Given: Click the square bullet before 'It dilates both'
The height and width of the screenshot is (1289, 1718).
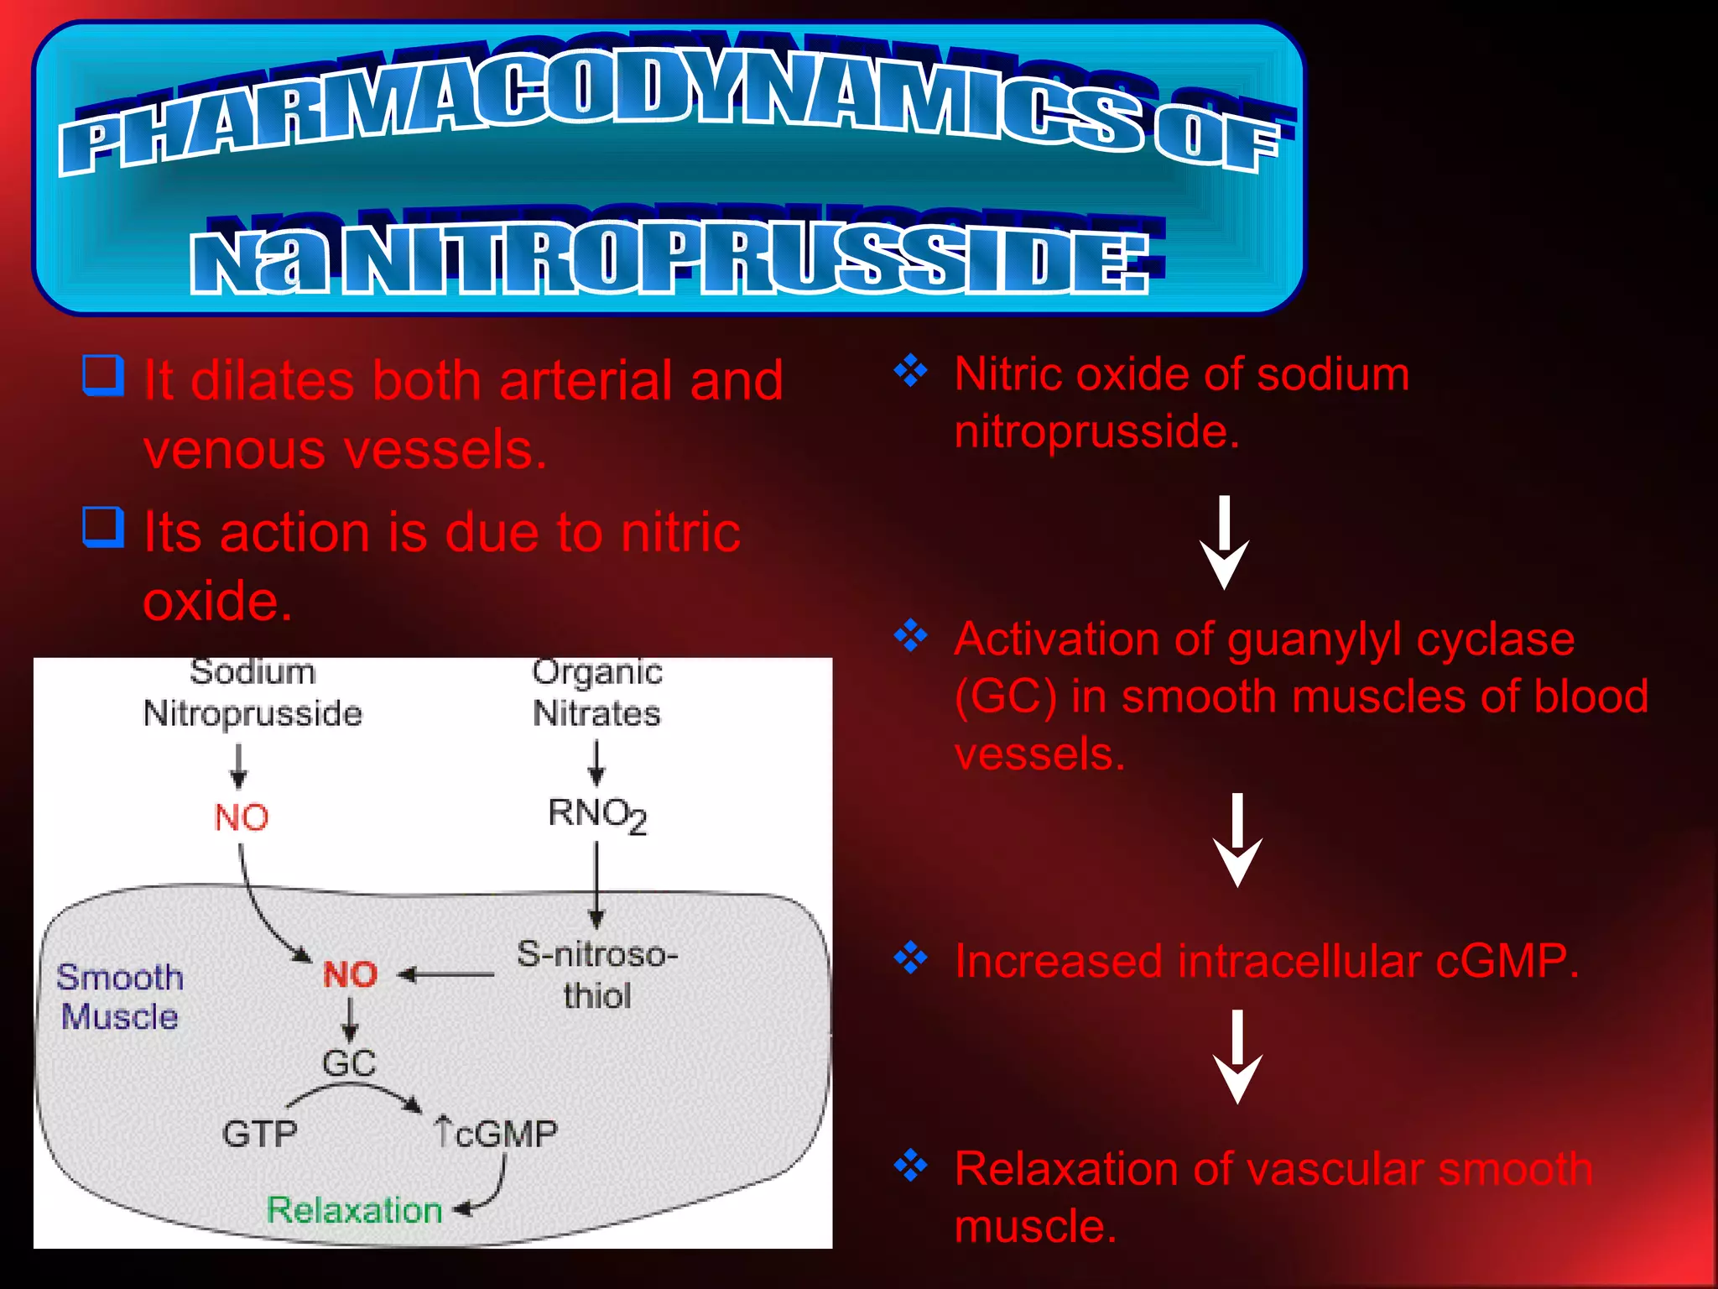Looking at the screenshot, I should point(103,375).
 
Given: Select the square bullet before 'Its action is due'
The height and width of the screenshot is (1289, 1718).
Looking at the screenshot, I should point(103,527).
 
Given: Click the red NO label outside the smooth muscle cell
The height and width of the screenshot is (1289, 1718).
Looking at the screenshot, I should point(241,817).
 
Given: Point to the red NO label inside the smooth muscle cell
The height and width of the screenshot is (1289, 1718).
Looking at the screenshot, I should point(351,974).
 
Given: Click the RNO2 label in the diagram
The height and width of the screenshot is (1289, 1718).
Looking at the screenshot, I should point(597,814).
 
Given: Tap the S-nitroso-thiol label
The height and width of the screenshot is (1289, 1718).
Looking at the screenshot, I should point(597,974).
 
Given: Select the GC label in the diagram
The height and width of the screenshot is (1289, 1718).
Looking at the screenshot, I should point(349,1063).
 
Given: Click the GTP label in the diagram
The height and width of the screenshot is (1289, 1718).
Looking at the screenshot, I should point(259,1134).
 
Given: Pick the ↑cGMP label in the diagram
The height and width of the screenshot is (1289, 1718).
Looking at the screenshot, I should point(497,1133).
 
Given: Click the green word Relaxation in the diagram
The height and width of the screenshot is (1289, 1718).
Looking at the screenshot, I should point(354,1210).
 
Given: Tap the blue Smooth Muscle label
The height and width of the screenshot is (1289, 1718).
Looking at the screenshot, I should point(119,997).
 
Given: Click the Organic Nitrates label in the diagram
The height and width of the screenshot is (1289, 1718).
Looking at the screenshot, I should point(597,693).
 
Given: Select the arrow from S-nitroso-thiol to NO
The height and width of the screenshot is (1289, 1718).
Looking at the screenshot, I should point(446,975).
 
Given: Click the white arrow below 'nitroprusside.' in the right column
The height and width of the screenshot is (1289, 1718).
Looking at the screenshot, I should point(1224,543).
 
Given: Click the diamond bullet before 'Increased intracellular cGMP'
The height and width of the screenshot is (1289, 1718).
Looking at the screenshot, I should point(911,958).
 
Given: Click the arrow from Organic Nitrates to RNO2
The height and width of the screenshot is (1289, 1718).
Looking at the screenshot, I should point(596,762).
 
